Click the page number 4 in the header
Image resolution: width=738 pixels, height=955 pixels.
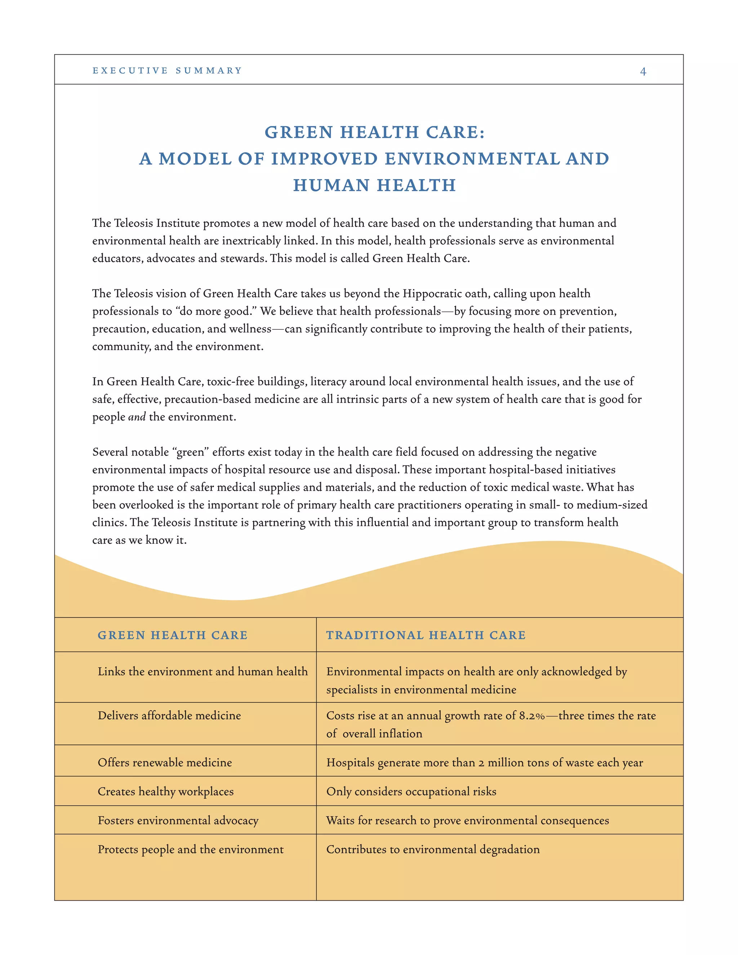pos(643,71)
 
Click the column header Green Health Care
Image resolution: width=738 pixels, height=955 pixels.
pos(172,635)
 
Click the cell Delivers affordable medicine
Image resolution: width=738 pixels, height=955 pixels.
pos(169,716)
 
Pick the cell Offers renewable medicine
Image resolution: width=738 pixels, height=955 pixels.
pos(165,763)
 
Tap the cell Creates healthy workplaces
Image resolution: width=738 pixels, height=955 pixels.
pos(166,791)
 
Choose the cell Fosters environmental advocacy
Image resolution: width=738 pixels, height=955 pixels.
pos(178,820)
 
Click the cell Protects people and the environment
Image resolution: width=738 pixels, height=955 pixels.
pos(191,849)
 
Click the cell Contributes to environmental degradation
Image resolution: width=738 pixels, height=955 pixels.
pos(433,849)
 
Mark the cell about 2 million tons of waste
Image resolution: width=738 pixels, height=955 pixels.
pos(484,763)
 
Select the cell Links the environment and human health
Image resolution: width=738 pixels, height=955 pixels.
pos(203,672)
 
